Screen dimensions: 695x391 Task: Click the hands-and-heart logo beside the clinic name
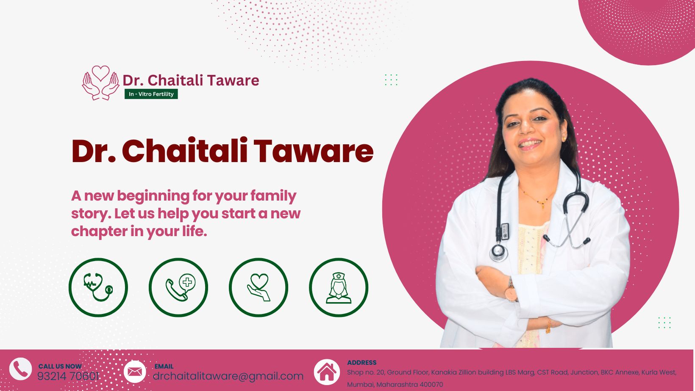coord(100,83)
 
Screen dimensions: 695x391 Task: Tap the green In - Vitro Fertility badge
coord(151,94)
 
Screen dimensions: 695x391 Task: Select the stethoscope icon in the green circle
coord(98,287)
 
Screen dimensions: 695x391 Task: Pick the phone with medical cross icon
coord(178,287)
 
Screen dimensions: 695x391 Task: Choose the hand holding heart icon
coord(259,287)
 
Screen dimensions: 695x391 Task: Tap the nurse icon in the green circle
coord(339,287)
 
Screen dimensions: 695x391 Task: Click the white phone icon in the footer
coord(20,369)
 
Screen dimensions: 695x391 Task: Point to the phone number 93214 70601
coord(68,377)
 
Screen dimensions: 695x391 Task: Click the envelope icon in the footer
coord(135,372)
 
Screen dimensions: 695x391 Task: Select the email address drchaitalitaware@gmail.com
coord(228,376)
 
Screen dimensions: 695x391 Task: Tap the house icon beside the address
coord(327,372)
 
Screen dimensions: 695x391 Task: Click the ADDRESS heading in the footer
coord(362,363)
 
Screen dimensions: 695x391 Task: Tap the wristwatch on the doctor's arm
coord(510,290)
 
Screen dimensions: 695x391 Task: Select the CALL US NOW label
coord(60,366)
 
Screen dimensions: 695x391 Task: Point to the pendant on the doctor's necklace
coord(543,204)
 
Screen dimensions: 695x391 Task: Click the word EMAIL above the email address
coord(164,366)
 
